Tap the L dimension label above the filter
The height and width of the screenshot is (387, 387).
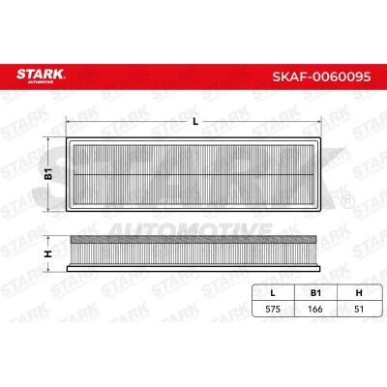click(x=195, y=121)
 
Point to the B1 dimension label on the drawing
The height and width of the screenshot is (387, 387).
click(x=45, y=175)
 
